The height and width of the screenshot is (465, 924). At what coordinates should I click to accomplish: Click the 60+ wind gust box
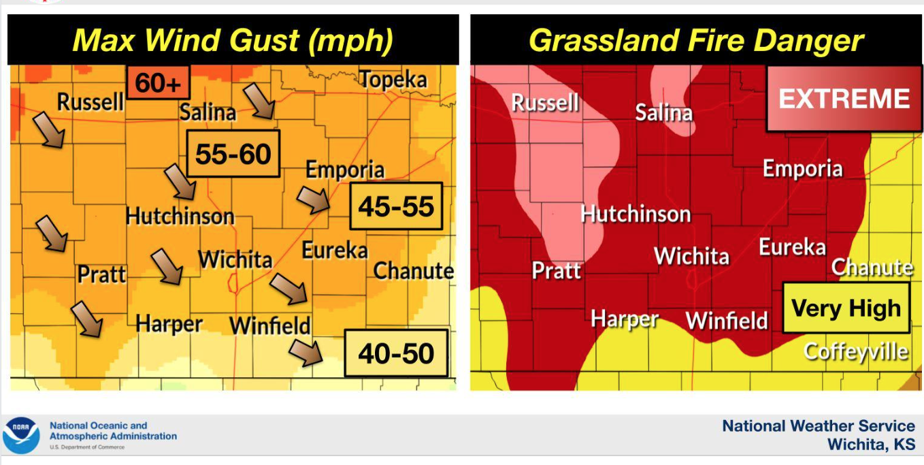(158, 83)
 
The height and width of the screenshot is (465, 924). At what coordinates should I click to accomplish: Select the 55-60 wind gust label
(233, 155)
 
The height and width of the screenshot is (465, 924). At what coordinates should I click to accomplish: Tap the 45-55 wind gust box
(396, 206)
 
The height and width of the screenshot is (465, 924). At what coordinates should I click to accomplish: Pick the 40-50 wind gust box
(396, 353)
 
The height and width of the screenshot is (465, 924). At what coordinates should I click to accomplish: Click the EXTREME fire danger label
(844, 99)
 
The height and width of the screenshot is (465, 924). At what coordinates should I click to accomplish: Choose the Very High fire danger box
(846, 308)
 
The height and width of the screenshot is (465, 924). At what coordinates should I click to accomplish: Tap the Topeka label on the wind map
(393, 80)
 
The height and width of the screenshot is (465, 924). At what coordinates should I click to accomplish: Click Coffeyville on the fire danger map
(855, 351)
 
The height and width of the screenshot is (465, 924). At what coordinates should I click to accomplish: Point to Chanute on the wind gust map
(414, 271)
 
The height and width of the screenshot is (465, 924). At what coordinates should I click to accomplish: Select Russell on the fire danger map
(545, 103)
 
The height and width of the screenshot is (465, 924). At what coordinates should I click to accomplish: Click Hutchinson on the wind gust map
(180, 217)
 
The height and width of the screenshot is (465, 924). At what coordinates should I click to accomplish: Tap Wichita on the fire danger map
(691, 257)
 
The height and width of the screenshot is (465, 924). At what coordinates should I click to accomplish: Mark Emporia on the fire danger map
(802, 169)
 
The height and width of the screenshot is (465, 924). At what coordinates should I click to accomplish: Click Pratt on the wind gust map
(101, 274)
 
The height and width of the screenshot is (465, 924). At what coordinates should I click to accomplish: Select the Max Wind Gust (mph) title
(233, 41)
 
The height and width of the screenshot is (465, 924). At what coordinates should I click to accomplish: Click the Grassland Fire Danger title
(695, 41)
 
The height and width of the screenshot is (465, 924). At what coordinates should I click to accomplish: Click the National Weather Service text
(819, 426)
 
